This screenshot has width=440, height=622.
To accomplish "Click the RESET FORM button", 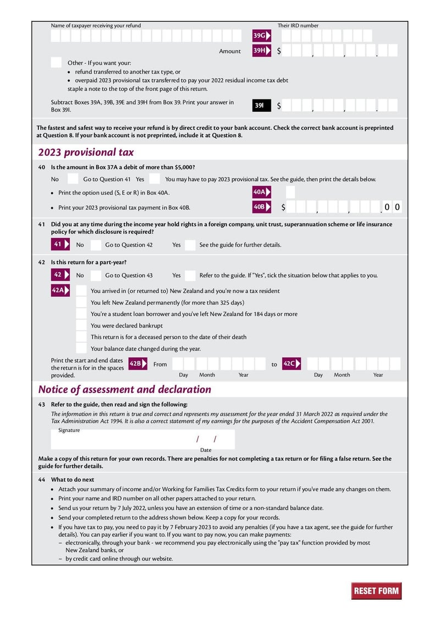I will point(376,591).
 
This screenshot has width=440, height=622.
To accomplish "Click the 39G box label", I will point(260,36).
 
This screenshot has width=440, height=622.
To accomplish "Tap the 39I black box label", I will point(261,105).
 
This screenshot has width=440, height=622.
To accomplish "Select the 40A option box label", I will point(260,192).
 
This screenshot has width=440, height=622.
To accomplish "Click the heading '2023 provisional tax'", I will point(86,152).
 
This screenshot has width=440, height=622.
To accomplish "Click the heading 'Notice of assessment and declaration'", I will point(124,389).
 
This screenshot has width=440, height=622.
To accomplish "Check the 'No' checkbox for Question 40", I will point(73,179).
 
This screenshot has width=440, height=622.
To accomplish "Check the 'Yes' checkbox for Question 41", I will point(190,245).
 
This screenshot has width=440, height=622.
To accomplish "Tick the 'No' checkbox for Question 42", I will point(96,275).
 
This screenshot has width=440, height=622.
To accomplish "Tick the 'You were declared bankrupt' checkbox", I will point(81,325).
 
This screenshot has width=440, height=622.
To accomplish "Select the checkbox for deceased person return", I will point(81,337).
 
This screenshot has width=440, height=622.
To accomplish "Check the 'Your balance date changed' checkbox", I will point(81,348).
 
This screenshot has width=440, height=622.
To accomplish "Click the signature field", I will point(121,440).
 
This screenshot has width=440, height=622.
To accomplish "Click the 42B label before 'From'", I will point(136,364).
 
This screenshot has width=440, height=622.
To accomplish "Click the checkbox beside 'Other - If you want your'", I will point(56,63).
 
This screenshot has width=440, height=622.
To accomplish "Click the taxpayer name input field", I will point(146,36).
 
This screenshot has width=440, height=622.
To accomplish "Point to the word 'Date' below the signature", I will point(206,450).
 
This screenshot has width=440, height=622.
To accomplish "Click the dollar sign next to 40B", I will point(283,208).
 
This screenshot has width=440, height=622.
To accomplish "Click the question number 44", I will point(42,479).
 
